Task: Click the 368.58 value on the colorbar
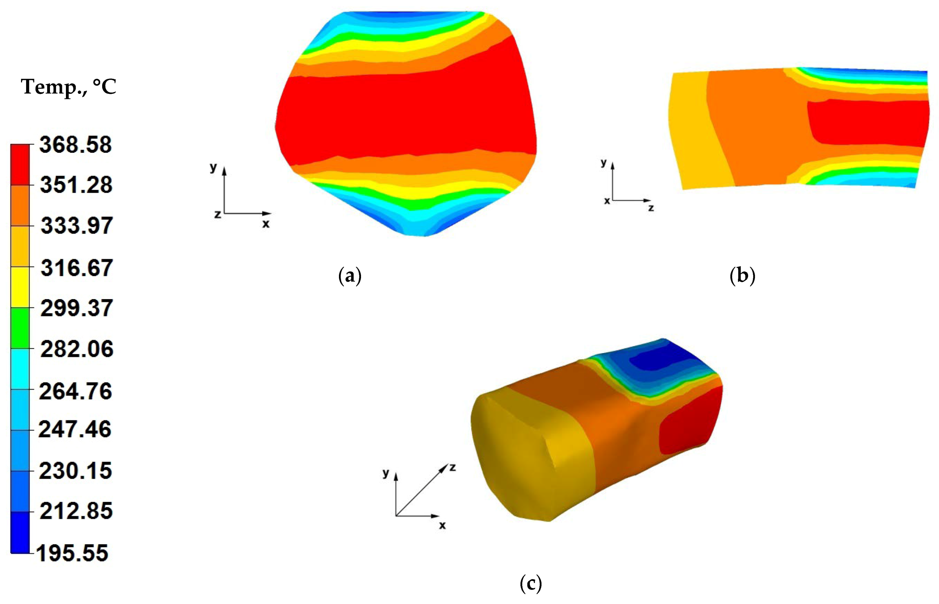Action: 75,145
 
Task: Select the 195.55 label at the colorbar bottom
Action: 72,553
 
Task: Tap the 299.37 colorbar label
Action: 76,308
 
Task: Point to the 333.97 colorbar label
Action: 77,226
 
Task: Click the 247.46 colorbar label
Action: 75,429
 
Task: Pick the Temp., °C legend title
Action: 69,87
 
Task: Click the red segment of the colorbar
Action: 20,165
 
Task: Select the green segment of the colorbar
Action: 20,328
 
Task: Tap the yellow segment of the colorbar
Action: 20,287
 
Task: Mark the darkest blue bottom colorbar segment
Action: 20,533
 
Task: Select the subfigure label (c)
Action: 531,584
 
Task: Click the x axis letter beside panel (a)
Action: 266,224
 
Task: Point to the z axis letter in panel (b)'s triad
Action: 651,208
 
